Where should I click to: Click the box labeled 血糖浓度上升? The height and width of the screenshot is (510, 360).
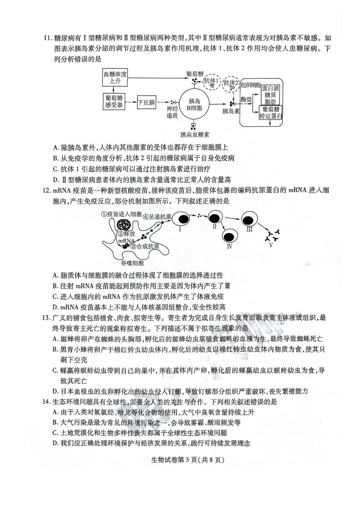115,78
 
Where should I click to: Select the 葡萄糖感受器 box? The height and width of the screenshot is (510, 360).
114,102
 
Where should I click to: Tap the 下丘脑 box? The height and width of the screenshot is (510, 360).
146,102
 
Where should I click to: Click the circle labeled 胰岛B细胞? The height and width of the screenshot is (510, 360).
194,105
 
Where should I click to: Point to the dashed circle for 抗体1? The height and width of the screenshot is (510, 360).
211,82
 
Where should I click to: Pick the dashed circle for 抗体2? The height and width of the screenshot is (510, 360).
231,83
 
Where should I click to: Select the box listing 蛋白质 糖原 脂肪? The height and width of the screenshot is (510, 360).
271,95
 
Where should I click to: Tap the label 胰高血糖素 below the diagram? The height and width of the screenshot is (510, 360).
195,135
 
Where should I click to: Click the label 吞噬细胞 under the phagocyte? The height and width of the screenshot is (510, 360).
132,263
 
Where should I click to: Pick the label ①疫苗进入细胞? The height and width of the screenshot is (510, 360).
121,214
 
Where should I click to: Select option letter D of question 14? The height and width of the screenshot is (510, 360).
55,443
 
